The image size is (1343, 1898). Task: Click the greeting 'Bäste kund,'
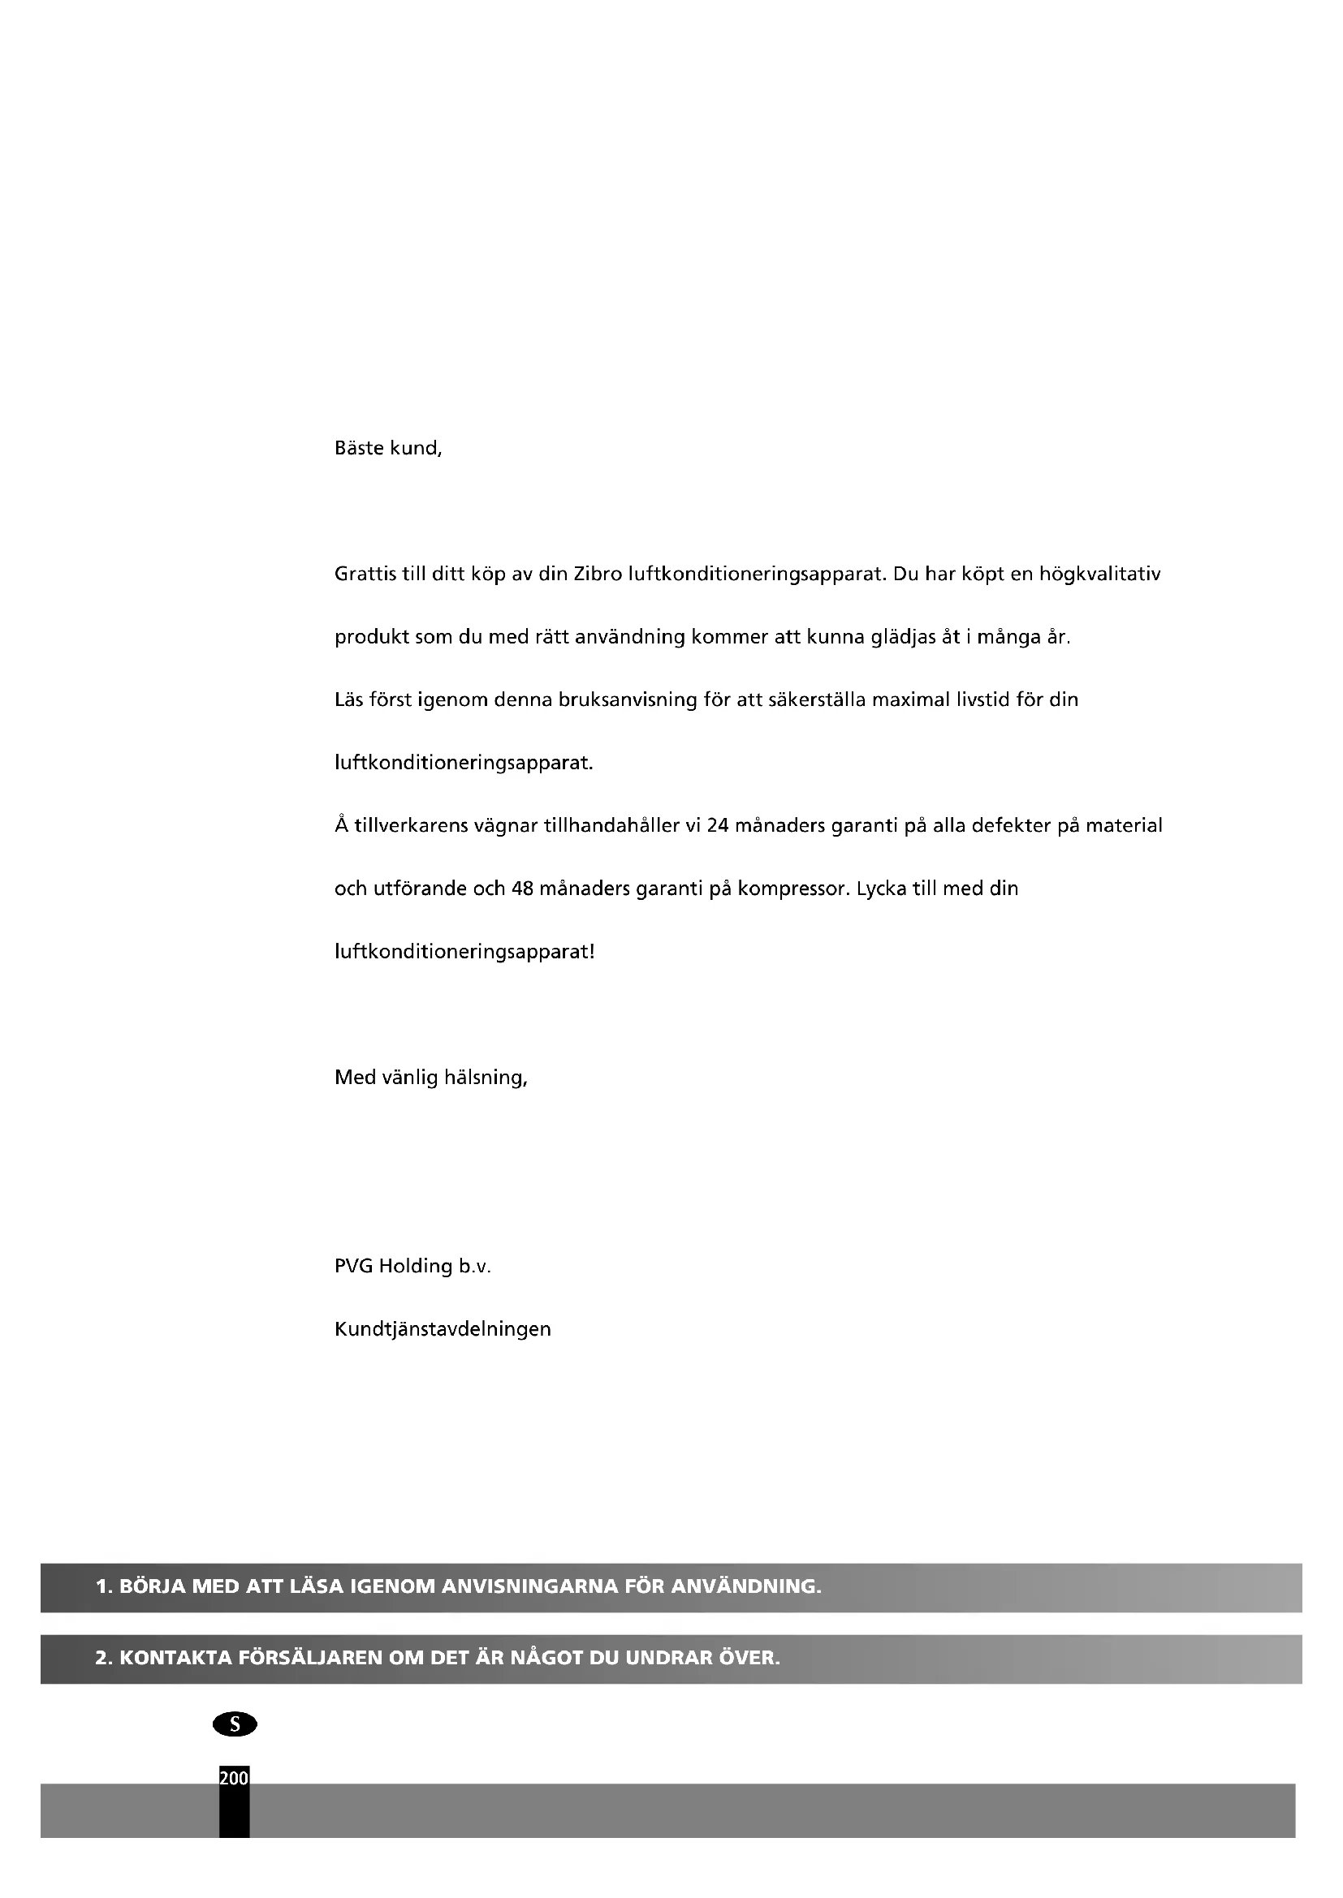click(388, 448)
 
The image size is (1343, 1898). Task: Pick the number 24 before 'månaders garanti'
click(718, 825)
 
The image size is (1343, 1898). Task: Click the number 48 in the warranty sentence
click(522, 889)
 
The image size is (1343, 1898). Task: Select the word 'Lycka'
click(881, 889)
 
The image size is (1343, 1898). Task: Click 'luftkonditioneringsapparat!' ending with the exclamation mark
click(464, 952)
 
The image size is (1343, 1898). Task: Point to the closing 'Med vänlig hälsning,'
click(430, 1077)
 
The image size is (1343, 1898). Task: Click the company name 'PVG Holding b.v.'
click(412, 1267)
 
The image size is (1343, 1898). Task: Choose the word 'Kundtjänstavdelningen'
click(443, 1329)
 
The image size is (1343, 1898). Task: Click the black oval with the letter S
click(235, 1724)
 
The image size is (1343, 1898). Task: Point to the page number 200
click(234, 1777)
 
